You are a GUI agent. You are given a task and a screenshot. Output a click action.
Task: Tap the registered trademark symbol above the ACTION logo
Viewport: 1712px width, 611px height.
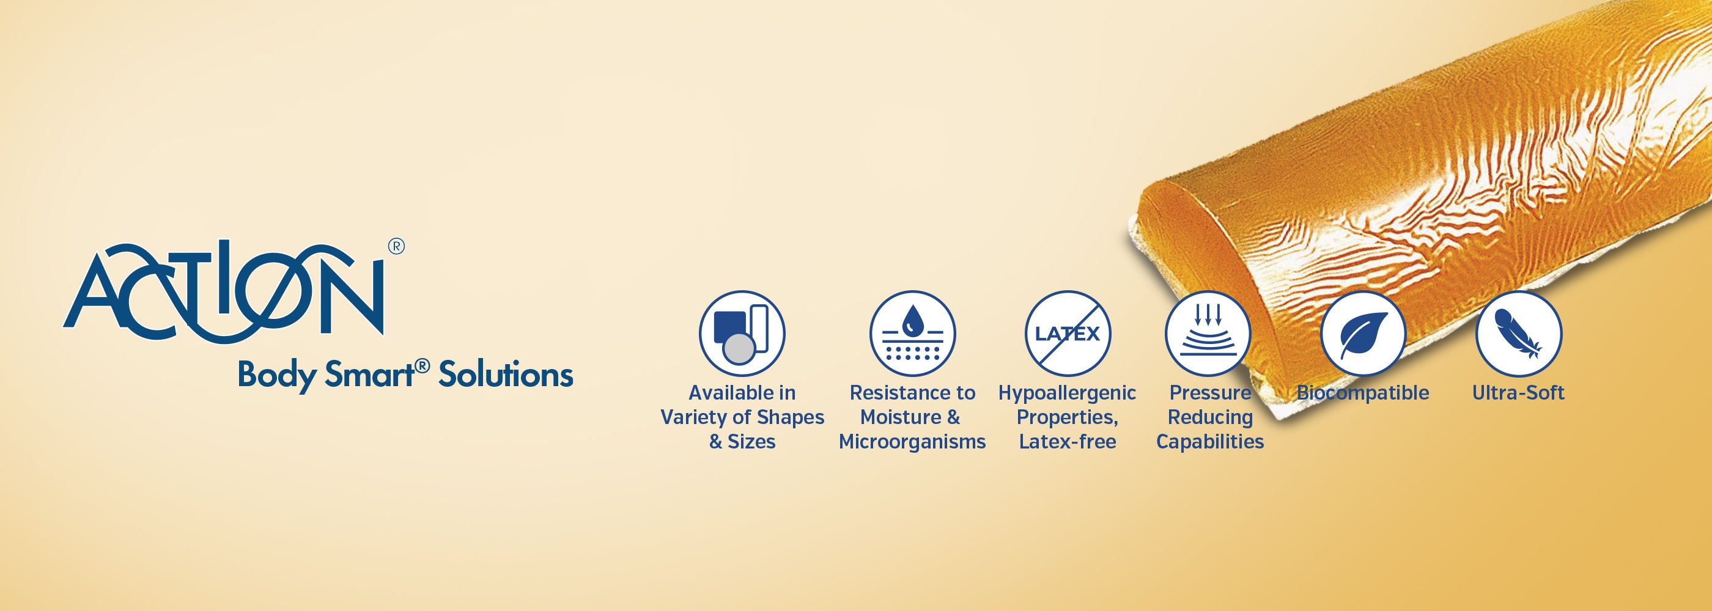click(x=396, y=246)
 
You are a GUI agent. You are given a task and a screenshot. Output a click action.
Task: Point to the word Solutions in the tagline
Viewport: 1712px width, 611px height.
click(x=506, y=375)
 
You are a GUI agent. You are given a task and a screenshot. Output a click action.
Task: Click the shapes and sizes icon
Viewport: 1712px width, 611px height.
click(x=742, y=334)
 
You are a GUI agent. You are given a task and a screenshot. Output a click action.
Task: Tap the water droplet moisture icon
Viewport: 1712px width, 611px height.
click(x=912, y=334)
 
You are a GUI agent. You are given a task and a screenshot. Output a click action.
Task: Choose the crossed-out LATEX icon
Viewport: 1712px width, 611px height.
click(x=1068, y=334)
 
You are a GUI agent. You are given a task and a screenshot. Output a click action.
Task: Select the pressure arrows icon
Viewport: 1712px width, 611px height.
click(x=1208, y=334)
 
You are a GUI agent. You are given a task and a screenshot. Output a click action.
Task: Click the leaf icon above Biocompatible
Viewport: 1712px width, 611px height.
click(x=1363, y=334)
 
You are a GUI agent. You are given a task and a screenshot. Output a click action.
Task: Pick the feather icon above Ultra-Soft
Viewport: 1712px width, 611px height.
click(x=1519, y=334)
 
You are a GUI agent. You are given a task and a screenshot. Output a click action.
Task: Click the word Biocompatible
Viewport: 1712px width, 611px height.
click(x=1363, y=393)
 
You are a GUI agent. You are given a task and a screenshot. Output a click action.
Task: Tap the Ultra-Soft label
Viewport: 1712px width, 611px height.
click(x=1519, y=392)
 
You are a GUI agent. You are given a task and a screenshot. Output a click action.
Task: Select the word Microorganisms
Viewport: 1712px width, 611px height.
click(x=912, y=442)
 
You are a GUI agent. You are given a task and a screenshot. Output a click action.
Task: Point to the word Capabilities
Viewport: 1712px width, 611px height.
click(x=1210, y=442)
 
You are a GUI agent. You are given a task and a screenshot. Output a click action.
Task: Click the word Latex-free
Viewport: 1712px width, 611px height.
click(x=1068, y=442)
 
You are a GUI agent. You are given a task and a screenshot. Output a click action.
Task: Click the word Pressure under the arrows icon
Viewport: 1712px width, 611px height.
click(x=1210, y=393)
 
